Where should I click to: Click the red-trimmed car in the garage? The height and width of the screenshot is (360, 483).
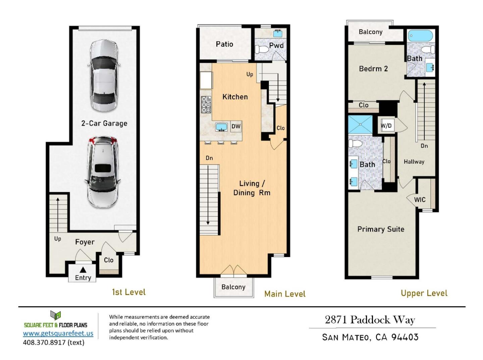click(x=102, y=172)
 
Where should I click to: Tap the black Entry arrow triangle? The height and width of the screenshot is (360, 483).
click(x=83, y=270)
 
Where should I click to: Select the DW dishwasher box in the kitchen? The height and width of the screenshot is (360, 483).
click(x=236, y=126)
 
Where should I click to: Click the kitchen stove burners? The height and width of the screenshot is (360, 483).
click(x=206, y=105)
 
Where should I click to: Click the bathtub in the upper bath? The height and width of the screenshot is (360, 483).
click(x=420, y=36)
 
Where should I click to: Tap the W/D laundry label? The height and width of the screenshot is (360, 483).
click(x=386, y=126)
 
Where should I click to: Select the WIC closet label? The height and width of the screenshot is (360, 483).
click(x=420, y=200)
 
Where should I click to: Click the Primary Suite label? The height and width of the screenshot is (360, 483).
click(x=381, y=229)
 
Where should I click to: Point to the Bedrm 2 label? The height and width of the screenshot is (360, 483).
click(x=373, y=69)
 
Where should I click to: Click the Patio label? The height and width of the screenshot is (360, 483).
click(x=224, y=44)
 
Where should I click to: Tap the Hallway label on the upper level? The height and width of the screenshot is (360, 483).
click(x=414, y=162)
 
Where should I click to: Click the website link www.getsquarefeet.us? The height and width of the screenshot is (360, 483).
click(x=58, y=333)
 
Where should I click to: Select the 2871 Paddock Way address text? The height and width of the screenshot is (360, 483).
click(x=370, y=320)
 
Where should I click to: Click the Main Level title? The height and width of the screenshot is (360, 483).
click(x=285, y=294)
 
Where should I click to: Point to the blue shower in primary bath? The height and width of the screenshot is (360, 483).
click(x=360, y=124)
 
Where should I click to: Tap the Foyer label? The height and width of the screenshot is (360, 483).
click(x=85, y=242)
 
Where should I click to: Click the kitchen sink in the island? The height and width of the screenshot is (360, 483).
click(x=221, y=127)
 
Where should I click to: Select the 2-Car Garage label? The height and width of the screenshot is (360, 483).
click(x=104, y=123)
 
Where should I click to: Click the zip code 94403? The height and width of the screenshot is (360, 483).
click(x=405, y=337)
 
